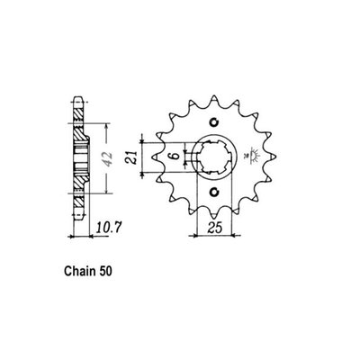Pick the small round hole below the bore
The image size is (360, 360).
[x=213, y=192]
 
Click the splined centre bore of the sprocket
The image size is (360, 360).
[x=214, y=157]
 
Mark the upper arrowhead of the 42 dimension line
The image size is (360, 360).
[x=106, y=123]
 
